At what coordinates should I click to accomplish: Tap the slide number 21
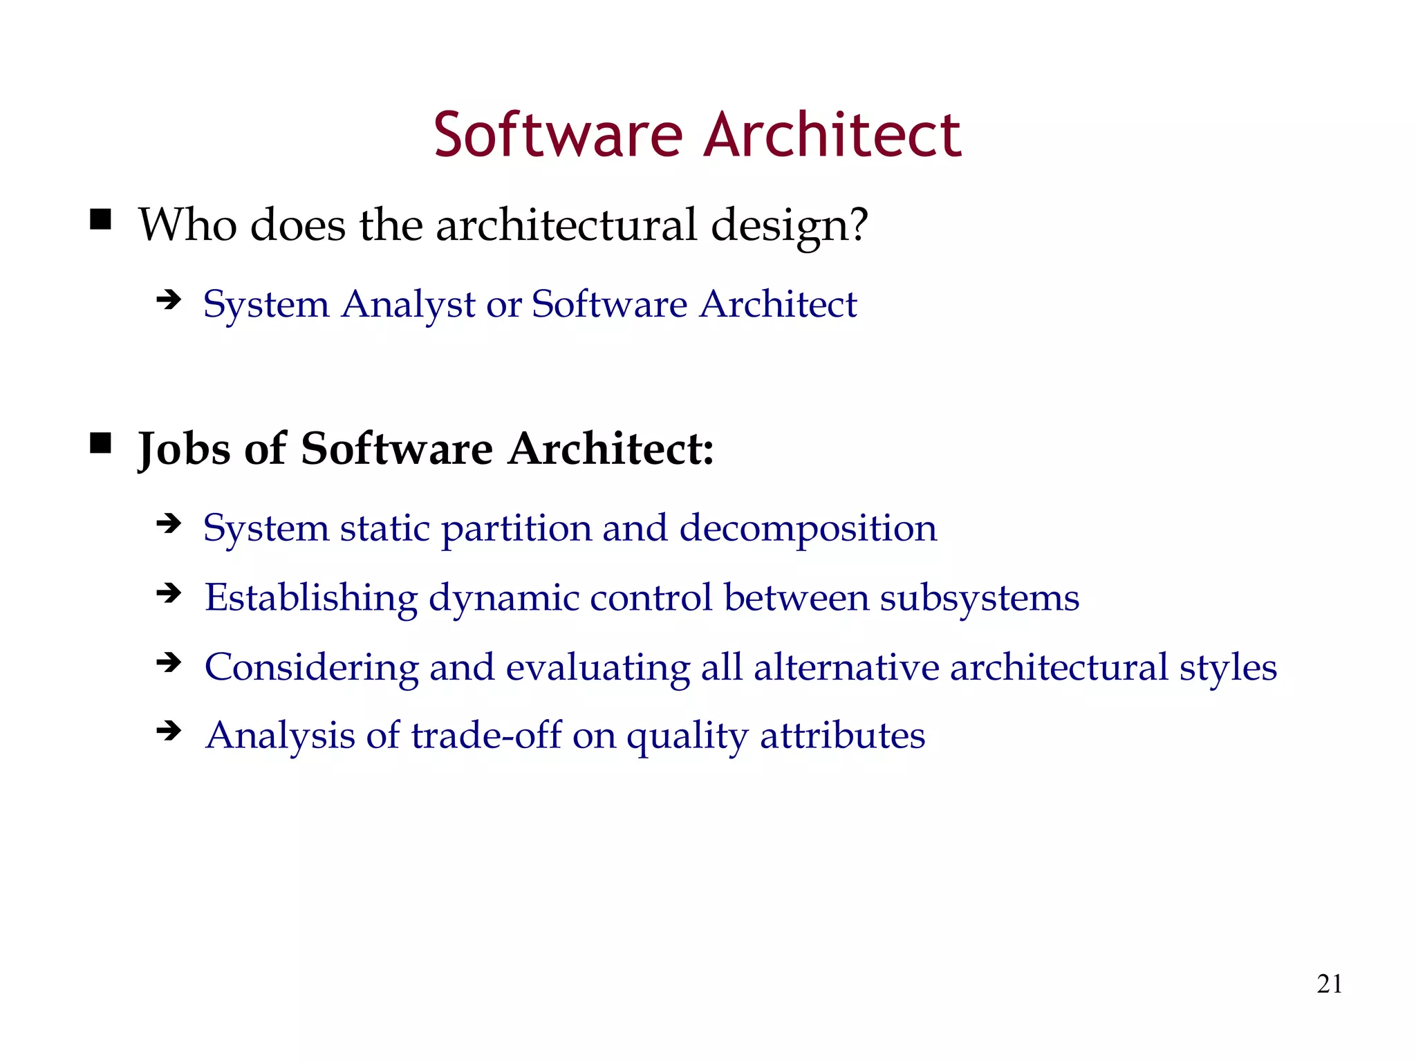(x=1330, y=983)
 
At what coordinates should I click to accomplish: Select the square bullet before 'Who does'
(x=101, y=220)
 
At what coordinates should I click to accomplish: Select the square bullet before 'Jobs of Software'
(x=101, y=443)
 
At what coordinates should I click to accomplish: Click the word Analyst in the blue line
(x=408, y=304)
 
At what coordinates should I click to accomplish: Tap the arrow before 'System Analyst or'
(x=169, y=300)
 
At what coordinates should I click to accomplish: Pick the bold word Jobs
(x=184, y=449)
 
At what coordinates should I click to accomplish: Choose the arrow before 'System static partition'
(x=169, y=524)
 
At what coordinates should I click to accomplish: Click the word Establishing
(x=311, y=598)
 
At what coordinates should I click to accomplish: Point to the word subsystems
(x=979, y=598)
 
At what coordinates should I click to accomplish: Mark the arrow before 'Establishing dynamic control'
(x=169, y=593)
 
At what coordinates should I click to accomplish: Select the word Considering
(x=312, y=668)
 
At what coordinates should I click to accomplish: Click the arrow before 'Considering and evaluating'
(x=169, y=663)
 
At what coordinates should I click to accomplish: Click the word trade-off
(x=486, y=735)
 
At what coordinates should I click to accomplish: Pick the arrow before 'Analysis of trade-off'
(x=169, y=731)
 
